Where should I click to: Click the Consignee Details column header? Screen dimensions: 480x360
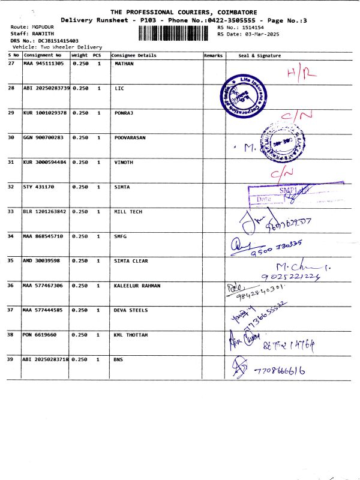(134, 55)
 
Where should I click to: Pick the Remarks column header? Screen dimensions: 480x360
(214, 55)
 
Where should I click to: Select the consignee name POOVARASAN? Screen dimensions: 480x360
(130, 137)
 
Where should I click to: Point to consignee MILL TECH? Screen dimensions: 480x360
(128, 211)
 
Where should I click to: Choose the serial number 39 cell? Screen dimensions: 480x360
(11, 359)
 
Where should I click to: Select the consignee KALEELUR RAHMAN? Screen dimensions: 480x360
(137, 285)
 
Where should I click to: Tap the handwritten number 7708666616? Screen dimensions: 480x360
(279, 370)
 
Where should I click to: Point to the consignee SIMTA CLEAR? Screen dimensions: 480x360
(131, 260)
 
